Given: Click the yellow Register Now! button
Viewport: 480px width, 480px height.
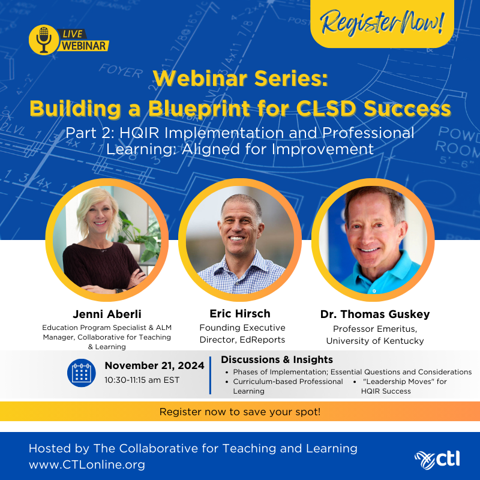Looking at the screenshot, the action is click(382, 24).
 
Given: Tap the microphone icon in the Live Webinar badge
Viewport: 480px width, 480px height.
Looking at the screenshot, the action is click(44, 40).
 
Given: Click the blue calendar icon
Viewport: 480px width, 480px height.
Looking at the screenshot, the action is click(82, 373).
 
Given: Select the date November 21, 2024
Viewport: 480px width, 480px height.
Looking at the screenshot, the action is click(154, 365).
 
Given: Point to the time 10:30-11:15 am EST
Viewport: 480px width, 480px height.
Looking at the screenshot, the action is click(142, 380).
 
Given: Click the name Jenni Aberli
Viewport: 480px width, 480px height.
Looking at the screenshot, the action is click(107, 314).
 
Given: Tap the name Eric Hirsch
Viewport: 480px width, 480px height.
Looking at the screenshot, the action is click(240, 313).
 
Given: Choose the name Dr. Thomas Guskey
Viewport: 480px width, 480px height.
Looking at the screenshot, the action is click(375, 314).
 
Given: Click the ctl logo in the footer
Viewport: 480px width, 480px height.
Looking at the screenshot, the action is click(437, 460).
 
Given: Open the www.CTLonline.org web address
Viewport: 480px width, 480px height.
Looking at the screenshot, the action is click(87, 464).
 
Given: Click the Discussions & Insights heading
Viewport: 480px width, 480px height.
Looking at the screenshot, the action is click(277, 359).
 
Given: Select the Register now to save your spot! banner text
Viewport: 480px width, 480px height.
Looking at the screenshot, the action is click(240, 412).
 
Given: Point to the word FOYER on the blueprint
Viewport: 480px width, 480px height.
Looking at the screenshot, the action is click(121, 71).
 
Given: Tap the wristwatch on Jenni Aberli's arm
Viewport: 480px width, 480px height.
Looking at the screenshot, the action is click(119, 290).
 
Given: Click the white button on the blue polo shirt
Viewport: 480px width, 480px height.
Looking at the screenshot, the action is click(374, 291).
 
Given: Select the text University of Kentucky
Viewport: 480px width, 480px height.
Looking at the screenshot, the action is click(375, 341).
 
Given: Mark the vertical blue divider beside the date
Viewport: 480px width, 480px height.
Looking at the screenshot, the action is click(211, 375).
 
